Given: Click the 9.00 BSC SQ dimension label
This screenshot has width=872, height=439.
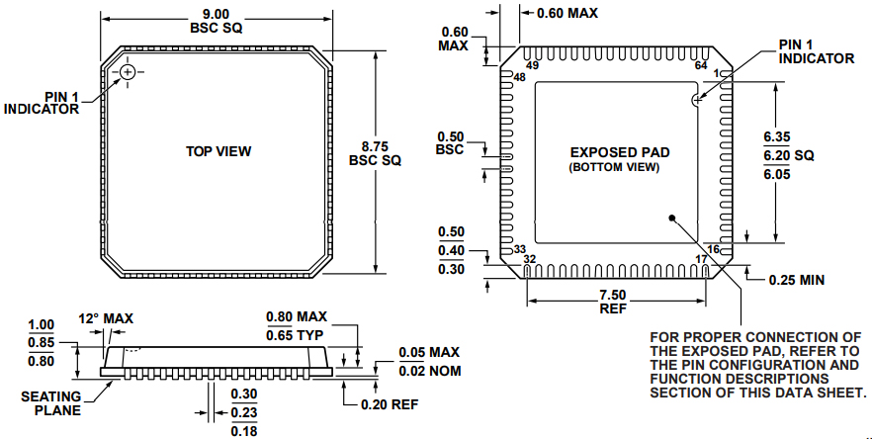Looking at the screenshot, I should [x=217, y=21].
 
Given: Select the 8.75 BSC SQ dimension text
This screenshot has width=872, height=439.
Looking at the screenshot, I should [x=376, y=151].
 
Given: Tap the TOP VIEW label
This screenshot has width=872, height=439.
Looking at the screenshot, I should [x=218, y=151].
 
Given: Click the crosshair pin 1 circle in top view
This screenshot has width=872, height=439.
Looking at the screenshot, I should [x=128, y=74].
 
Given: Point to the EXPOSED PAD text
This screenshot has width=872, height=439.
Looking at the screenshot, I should [x=620, y=152].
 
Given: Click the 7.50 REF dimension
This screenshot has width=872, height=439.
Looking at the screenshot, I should [x=612, y=301].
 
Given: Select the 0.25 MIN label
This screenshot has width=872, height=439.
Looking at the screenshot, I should [x=797, y=280].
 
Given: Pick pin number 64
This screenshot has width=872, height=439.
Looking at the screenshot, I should [x=701, y=65].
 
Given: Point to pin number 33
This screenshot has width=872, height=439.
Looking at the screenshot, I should [x=519, y=249].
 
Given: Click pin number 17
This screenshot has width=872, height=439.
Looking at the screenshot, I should [x=701, y=259].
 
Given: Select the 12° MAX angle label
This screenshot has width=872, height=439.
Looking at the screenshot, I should [x=106, y=318].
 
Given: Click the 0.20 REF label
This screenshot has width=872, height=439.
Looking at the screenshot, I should [x=391, y=403].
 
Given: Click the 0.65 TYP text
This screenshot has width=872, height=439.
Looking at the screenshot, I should [x=296, y=336].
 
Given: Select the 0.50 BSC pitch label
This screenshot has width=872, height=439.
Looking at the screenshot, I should [x=450, y=142].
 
